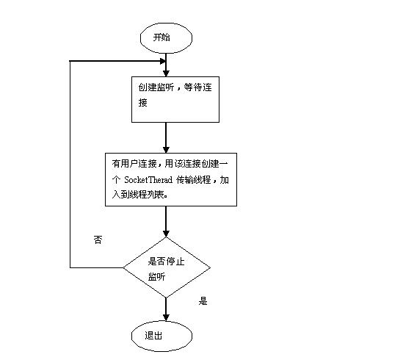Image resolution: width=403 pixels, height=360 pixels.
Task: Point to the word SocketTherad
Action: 148,179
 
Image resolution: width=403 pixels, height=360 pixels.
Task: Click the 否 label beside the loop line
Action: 98,240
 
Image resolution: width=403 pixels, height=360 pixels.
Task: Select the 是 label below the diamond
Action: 203,300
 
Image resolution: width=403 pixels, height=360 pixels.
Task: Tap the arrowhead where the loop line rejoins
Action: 163,61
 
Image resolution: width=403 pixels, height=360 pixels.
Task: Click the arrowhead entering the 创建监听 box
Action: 166,73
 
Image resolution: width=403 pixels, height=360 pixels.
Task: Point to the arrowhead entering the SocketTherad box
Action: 166,150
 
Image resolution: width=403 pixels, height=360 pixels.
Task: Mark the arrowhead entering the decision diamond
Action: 166,234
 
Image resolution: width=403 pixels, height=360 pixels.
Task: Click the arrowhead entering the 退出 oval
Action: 166,317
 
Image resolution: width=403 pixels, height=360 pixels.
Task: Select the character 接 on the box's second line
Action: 143,102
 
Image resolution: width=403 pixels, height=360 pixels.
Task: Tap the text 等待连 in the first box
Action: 197,87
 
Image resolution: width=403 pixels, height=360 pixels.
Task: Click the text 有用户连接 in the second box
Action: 134,164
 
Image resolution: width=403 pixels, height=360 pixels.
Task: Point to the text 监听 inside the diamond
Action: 156,277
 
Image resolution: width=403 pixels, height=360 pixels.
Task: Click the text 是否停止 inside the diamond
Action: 167,262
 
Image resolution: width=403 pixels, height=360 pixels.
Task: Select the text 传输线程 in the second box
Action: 194,179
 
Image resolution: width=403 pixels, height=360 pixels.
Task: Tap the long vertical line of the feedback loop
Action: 70,164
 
